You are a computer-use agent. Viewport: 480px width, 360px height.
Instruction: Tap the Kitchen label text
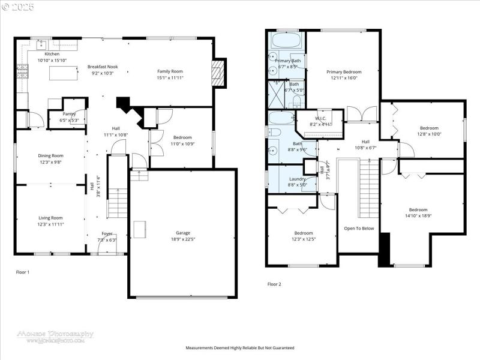52,54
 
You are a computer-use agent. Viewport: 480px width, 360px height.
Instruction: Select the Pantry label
69,113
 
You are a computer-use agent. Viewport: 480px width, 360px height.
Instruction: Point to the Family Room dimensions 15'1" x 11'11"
170,77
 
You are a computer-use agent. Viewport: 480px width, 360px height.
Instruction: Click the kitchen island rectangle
64,73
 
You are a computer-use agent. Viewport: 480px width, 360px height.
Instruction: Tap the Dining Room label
51,155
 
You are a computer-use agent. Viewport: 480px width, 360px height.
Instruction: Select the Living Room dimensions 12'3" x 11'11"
51,224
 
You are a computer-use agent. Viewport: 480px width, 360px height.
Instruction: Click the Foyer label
107,233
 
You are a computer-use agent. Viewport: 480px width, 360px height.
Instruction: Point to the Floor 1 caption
23,272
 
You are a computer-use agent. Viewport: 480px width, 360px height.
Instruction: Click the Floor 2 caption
274,284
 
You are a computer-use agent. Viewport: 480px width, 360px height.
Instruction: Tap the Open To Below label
359,228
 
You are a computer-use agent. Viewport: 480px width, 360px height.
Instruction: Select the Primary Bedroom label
344,72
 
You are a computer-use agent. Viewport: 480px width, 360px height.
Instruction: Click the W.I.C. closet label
320,118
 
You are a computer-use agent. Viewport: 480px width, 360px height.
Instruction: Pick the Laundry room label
298,179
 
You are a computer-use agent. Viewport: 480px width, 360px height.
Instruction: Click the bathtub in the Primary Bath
287,41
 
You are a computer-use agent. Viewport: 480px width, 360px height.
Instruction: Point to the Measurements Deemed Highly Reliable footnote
240,348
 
